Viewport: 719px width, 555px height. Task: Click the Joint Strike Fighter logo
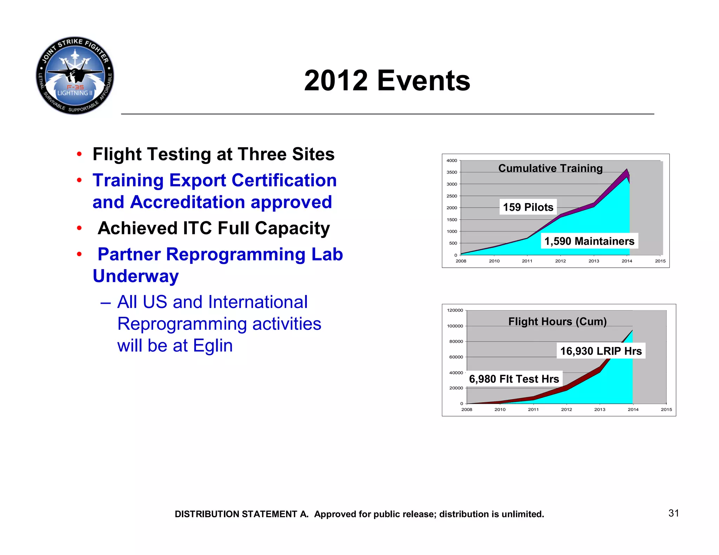click(75, 75)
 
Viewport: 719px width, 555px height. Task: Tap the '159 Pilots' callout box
click(528, 207)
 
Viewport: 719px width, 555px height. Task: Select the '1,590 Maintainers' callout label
click(589, 241)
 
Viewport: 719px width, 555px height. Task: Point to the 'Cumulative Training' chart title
click(550, 168)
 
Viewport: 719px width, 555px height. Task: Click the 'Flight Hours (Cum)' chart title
click(557, 321)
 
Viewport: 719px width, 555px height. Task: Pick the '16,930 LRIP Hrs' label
click(601, 351)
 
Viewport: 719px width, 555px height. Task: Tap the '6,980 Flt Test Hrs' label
click(514, 379)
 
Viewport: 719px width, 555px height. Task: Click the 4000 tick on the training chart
click(451, 161)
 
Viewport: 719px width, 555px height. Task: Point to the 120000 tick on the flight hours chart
click(455, 310)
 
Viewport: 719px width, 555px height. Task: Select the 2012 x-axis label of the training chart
click(560, 261)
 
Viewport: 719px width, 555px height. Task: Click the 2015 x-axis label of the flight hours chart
click(666, 409)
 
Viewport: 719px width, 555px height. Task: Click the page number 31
click(673, 513)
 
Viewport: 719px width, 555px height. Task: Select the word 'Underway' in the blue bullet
click(136, 276)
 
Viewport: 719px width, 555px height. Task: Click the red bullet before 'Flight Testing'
click(79, 154)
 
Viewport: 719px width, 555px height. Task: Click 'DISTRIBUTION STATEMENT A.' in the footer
click(242, 514)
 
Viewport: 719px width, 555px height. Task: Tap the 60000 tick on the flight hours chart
click(456, 357)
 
